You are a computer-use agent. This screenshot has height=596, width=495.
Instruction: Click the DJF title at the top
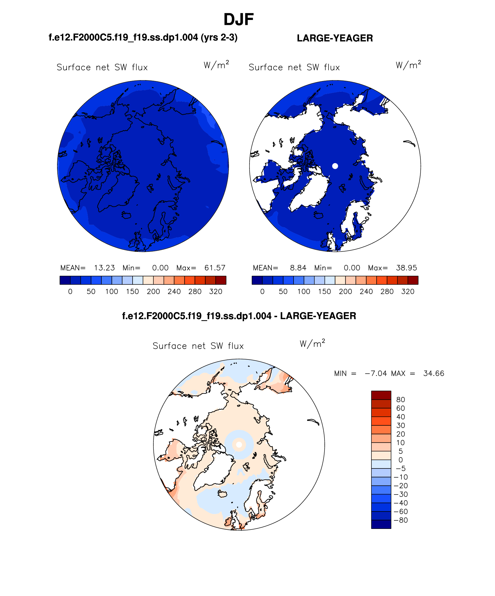(x=239, y=20)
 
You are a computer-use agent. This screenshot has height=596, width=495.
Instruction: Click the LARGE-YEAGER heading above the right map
(x=335, y=38)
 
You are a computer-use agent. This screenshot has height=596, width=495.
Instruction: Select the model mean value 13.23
(x=104, y=268)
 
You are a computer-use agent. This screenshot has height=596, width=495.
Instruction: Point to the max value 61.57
(x=215, y=268)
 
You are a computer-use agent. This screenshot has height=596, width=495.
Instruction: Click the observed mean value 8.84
(x=298, y=268)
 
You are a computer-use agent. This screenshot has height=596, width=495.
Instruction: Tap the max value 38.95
(x=406, y=268)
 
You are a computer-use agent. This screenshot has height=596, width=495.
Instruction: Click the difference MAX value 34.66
(x=433, y=373)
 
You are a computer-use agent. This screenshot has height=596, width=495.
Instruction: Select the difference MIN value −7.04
(x=376, y=373)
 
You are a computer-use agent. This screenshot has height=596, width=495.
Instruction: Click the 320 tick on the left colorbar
(x=216, y=291)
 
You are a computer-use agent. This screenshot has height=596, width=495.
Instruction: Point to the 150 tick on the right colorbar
(x=324, y=291)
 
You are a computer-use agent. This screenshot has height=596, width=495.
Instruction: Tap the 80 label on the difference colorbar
(x=401, y=399)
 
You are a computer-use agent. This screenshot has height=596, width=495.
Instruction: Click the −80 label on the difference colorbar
(x=401, y=520)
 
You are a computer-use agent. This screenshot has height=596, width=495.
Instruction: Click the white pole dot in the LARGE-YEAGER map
(x=335, y=166)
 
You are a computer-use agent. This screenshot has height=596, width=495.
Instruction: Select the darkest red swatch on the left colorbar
(x=221, y=280)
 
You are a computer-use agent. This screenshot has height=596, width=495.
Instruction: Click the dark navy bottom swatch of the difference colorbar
(x=381, y=524)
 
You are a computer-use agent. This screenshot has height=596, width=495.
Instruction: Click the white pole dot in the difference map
(x=239, y=445)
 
